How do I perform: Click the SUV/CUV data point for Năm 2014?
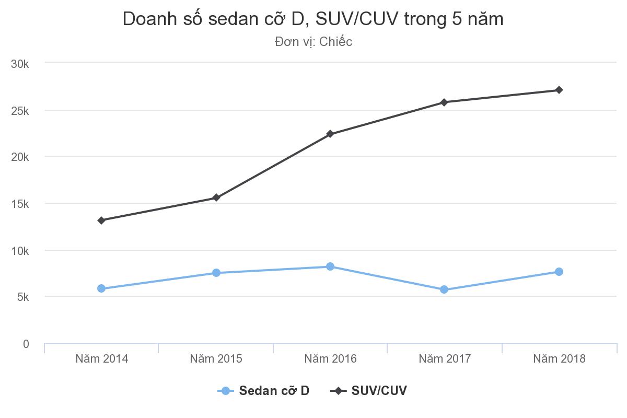[101, 220]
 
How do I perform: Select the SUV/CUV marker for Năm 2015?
[216, 198]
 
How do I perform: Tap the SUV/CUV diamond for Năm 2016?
[330, 134]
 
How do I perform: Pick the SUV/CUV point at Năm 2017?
[444, 102]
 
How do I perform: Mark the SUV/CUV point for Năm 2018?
[559, 90]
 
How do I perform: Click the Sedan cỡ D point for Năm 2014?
[101, 288]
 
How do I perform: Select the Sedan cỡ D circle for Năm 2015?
[216, 273]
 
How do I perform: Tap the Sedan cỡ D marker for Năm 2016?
[330, 266]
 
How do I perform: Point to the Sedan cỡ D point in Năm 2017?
[444, 289]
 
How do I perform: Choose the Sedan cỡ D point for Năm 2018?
[559, 272]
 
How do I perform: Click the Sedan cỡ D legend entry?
[264, 391]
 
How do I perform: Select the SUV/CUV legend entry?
[369, 391]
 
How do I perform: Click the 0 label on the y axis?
[26, 344]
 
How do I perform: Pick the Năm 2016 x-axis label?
[330, 359]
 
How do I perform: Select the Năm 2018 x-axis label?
[559, 359]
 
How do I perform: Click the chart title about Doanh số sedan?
[313, 19]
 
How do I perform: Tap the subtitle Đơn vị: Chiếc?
[313, 42]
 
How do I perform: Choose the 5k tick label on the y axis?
[22, 297]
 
